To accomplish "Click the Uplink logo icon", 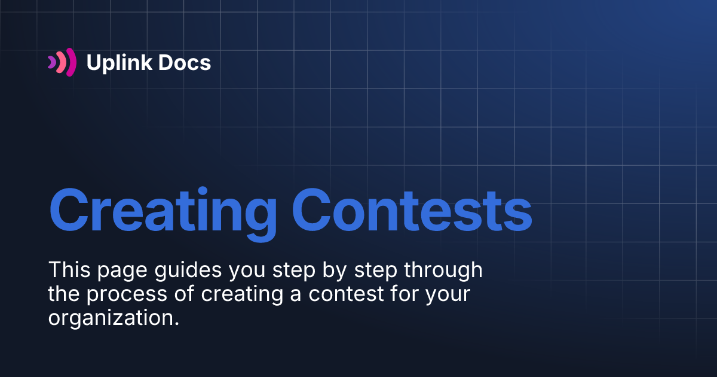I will [x=62, y=62].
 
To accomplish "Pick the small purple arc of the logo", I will [x=51, y=62].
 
